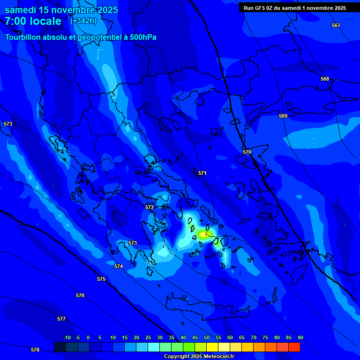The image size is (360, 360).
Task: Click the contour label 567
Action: pyautogui.click(x=336, y=25)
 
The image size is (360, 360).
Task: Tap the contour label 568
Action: pyautogui.click(x=325, y=79)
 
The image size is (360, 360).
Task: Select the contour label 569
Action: pyautogui.click(x=283, y=116)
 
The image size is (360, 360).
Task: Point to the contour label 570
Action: pyautogui.click(x=247, y=152)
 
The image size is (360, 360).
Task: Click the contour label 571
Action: pyautogui.click(x=202, y=173)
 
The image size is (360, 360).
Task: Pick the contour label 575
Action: pyautogui.click(x=101, y=279)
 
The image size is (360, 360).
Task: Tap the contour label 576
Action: pyautogui.click(x=80, y=295)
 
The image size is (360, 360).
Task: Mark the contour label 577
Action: pyautogui.click(x=61, y=319)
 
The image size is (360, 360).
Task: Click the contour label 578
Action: pyautogui.click(x=35, y=350)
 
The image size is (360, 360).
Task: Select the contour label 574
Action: pyautogui.click(x=119, y=266)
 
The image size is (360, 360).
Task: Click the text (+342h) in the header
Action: pyautogui.click(x=83, y=21)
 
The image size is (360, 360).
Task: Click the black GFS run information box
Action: pyautogui.click(x=295, y=7)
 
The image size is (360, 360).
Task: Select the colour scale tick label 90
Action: pyautogui.click(x=300, y=337)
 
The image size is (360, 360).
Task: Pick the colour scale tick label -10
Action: pyautogui.click(x=67, y=337)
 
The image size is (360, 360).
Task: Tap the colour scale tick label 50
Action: pyautogui.click(x=207, y=337)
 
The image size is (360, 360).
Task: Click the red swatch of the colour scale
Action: pyautogui.click(x=294, y=347)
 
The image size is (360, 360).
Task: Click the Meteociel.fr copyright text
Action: pyautogui.click(x=199, y=357)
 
